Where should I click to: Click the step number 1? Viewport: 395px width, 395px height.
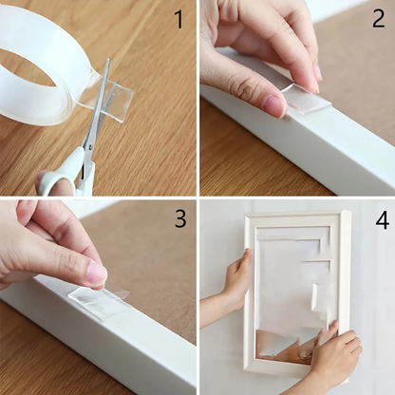[x=179, y=20]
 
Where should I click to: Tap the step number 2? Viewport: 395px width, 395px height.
[x=378, y=20]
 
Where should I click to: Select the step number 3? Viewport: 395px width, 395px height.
[x=179, y=219]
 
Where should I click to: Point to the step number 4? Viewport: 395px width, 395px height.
[x=381, y=220]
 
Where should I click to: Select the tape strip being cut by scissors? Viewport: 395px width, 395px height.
[x=112, y=95]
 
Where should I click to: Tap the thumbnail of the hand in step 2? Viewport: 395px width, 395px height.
[x=274, y=105]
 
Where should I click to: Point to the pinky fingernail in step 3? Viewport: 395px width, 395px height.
[x=96, y=273]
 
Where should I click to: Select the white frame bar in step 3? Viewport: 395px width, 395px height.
[x=114, y=342]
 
